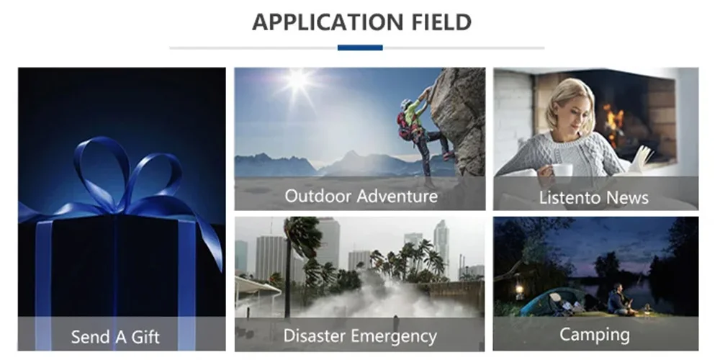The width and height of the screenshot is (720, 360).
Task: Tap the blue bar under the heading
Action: pyautogui.click(x=360, y=48)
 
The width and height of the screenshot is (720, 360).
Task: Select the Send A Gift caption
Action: pyautogui.click(x=115, y=337)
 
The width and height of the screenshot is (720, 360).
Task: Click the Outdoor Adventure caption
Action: pyautogui.click(x=361, y=197)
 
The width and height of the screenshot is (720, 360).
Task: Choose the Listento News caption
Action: pyautogui.click(x=594, y=197)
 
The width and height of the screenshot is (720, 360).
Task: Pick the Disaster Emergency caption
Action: pyautogui.click(x=360, y=336)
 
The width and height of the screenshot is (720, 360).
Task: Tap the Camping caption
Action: pyautogui.click(x=595, y=335)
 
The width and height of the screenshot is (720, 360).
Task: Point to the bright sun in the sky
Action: pyautogui.click(x=297, y=81)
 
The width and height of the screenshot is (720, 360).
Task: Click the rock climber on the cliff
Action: pyautogui.click(x=420, y=133)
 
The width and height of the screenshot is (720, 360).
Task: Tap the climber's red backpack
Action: pyautogui.click(x=404, y=125)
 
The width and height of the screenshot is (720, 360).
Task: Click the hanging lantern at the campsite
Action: pyautogui.click(x=519, y=289)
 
